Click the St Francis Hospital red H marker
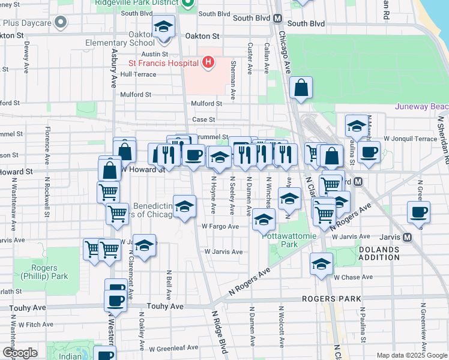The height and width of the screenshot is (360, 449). point(208,62)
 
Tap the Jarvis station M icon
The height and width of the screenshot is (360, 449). point(408,237)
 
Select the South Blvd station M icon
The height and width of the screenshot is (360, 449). point(278,18)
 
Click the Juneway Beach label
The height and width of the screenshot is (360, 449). point(421,107)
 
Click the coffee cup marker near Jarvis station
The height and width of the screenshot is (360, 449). point(418,212)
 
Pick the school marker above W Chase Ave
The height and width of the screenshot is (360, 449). point(321,264)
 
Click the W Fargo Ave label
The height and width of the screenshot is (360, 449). point(220,226)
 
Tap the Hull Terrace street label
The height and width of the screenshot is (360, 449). point(138,74)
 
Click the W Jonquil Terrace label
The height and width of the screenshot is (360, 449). point(411,139)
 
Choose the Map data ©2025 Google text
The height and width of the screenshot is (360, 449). point(411,355)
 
